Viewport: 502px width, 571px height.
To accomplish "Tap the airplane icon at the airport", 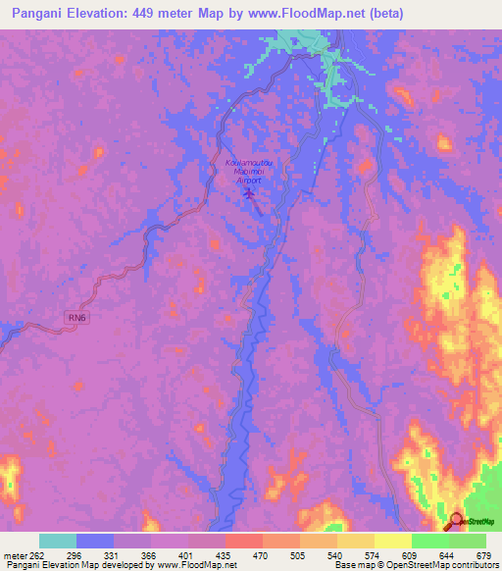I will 249,192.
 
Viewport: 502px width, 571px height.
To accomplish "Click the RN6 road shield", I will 77,317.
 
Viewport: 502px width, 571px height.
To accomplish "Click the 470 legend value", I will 261,557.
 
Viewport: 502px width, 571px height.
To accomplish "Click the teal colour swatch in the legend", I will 58,541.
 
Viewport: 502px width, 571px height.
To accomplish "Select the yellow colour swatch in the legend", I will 392,541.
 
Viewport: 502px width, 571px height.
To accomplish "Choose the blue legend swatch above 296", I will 95,541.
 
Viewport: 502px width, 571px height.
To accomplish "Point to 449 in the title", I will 153,15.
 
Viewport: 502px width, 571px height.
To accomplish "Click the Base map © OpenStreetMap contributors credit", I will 413,566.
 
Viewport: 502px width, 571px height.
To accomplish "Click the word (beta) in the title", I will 379,15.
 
